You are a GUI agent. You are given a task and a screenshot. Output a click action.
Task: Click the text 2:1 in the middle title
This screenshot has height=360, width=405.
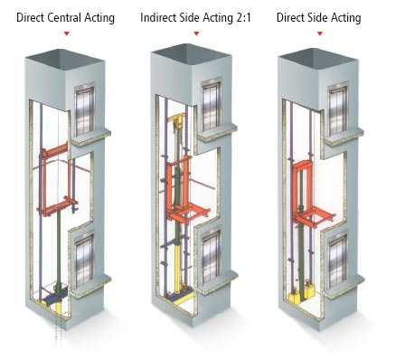[243, 17]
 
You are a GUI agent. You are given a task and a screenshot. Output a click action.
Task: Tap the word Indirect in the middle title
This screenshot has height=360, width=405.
[158, 17]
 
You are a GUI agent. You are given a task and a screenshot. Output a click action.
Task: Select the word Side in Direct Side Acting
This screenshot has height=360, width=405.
[319, 17]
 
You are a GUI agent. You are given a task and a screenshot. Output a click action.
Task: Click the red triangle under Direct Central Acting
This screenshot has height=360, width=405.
[67, 33]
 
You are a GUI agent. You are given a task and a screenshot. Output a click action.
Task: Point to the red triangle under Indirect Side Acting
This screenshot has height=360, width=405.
[196, 33]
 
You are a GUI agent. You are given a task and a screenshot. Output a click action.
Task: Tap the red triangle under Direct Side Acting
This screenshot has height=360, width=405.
[320, 33]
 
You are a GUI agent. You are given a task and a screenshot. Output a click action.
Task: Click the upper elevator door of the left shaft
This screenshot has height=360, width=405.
[85, 109]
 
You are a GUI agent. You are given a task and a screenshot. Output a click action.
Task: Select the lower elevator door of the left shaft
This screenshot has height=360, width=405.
[85, 260]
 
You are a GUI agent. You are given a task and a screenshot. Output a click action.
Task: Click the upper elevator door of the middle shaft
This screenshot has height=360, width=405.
[212, 105]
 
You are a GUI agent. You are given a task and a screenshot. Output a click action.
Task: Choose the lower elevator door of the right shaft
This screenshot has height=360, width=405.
[338, 261]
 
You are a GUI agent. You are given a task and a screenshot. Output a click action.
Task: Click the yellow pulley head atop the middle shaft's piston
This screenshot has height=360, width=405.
[177, 120]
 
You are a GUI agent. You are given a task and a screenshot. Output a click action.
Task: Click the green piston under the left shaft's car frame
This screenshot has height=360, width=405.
[59, 247]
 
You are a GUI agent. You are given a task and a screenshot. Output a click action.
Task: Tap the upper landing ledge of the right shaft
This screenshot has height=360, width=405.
[344, 137]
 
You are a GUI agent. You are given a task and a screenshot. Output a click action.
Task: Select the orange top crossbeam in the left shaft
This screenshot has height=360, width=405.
[55, 150]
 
